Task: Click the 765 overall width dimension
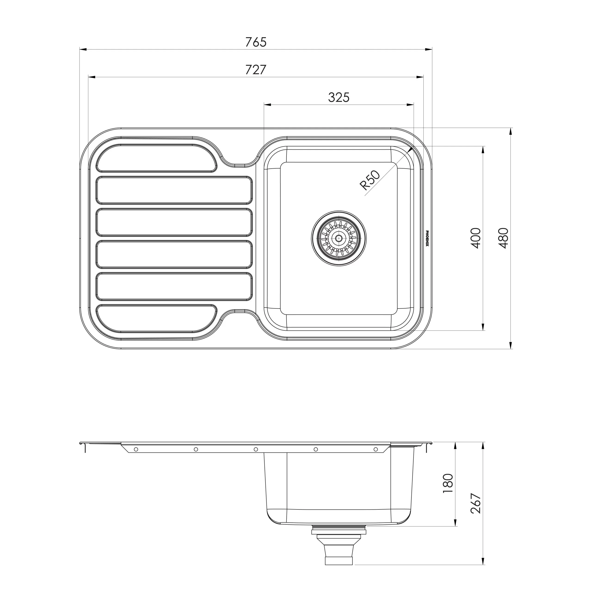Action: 256,42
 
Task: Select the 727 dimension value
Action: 256,70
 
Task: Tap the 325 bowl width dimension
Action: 339,97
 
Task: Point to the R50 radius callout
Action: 370,180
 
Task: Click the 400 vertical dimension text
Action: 475,238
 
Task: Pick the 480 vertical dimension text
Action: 503,238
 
